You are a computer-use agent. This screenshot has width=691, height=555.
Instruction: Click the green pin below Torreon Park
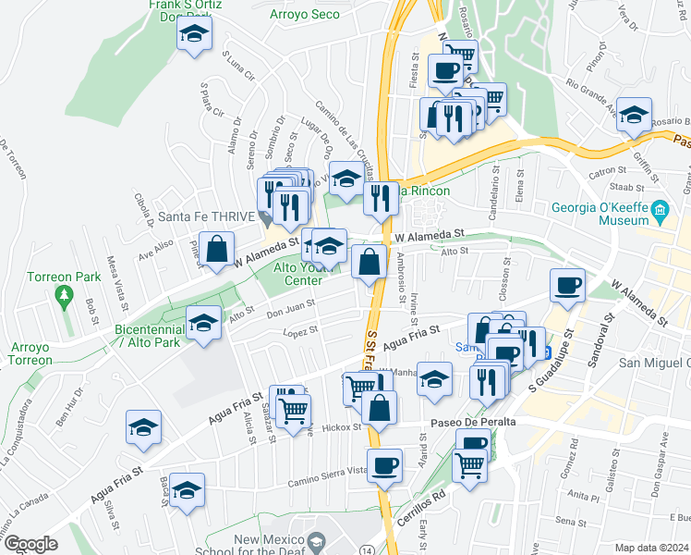coord(63,297)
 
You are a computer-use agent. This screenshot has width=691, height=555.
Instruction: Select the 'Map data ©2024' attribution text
coord(650,548)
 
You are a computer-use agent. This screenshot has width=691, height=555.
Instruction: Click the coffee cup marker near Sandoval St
coord(567,284)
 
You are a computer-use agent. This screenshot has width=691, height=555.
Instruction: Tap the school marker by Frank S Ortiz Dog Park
coord(195,34)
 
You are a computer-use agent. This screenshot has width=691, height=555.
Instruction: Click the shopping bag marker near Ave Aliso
coord(216,250)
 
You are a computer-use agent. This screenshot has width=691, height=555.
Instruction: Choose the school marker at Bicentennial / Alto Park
coord(204,322)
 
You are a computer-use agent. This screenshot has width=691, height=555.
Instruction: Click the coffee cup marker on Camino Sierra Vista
coord(383,464)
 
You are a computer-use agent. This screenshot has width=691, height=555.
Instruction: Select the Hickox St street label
coord(342,427)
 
